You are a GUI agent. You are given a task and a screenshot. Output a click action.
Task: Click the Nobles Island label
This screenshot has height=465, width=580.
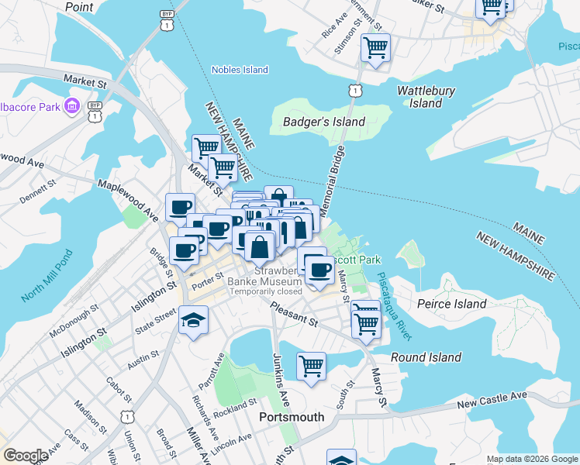pos(240,70)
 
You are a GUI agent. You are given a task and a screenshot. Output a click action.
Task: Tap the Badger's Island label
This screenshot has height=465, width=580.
pos(324,122)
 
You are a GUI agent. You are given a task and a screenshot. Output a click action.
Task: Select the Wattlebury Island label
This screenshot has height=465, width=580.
pos(426,97)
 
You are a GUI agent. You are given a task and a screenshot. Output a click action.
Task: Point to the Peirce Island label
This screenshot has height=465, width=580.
pos(451,304)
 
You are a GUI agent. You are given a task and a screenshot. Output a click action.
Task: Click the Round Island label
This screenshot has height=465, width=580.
pos(426,357)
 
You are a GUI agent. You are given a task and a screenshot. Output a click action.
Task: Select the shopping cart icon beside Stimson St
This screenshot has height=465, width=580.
pos(375,48)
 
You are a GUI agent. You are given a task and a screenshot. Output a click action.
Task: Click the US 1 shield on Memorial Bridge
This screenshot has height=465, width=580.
pos(354,91)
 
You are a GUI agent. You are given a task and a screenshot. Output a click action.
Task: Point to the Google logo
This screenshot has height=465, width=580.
pos(26,456)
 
